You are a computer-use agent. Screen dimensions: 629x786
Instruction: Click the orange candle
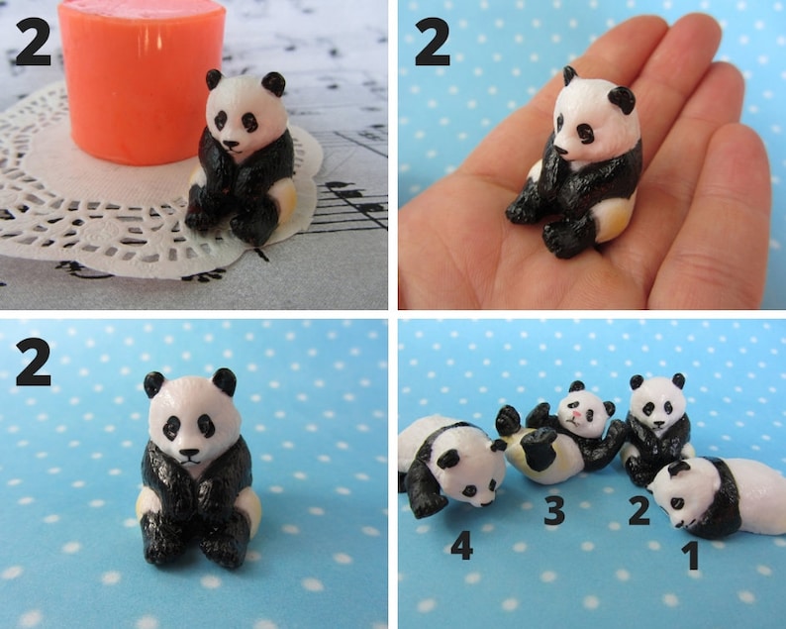coord(139,79)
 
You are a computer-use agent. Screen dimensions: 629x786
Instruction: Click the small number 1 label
coord(691,555)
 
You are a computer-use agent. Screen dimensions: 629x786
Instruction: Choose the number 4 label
coord(461,545)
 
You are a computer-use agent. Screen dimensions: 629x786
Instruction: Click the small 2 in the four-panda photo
coord(639,510)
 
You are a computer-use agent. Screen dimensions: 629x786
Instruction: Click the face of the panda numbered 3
coord(584,411)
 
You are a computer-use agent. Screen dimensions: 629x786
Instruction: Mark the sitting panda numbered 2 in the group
coord(656,426)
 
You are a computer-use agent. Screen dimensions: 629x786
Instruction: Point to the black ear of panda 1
coord(678,469)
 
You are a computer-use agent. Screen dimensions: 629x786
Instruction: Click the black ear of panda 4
coord(448,459)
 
